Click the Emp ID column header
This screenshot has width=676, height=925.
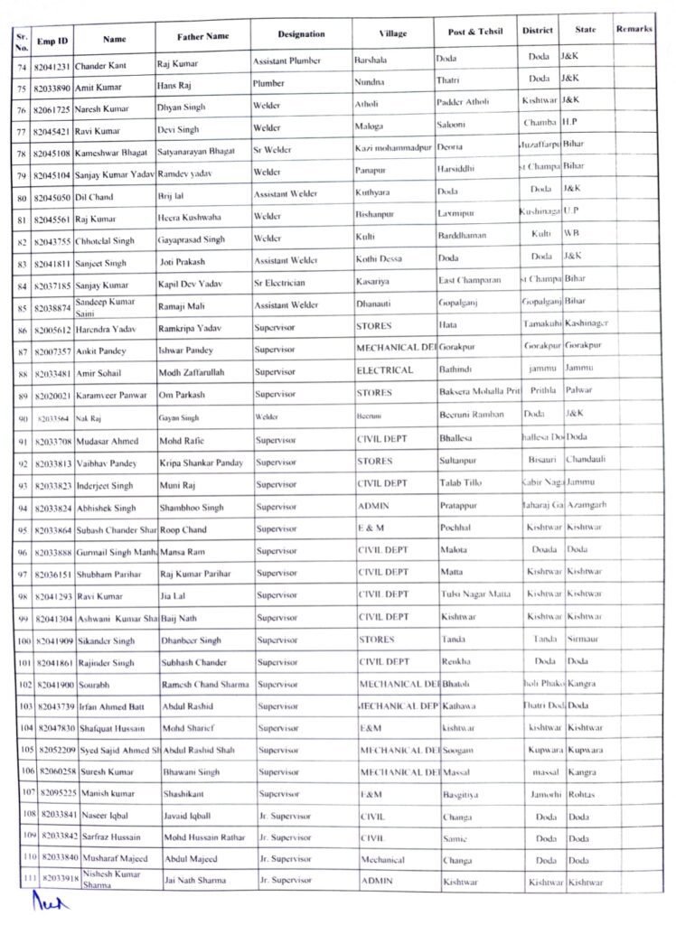click(52, 41)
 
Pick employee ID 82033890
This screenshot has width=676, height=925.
click(53, 87)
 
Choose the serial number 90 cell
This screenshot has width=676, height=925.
click(22, 417)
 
